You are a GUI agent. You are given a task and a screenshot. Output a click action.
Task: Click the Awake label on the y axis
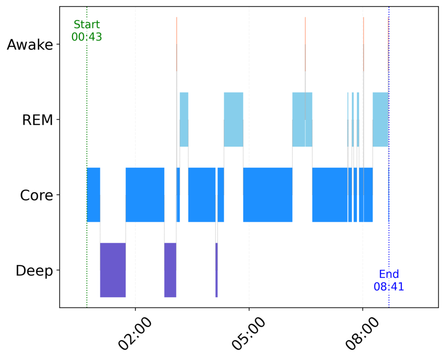click(x=30, y=45)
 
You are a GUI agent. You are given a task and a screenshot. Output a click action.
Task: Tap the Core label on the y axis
click(x=37, y=195)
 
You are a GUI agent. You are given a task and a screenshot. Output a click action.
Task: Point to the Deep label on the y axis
click(x=34, y=270)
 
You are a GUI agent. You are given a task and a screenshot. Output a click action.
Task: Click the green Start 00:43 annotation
click(x=86, y=30)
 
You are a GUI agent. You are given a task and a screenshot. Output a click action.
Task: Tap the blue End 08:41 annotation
click(x=389, y=280)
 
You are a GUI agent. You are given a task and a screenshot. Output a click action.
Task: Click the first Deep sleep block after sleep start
click(x=113, y=270)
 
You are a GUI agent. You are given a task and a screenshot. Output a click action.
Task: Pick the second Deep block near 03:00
click(x=170, y=270)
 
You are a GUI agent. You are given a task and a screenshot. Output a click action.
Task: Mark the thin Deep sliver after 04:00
click(x=216, y=270)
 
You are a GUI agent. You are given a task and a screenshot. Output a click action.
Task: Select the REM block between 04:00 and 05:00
click(x=233, y=120)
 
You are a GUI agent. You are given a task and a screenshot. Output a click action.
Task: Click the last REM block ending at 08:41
click(x=380, y=120)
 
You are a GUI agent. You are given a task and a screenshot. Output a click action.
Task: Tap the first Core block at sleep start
click(x=93, y=195)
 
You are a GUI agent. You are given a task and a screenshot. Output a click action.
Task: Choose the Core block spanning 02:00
click(x=145, y=195)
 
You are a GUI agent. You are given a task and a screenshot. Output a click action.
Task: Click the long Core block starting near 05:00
click(x=267, y=195)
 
